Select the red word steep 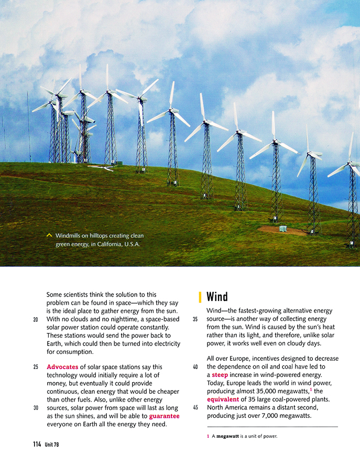tap(220, 375)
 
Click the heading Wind tap(217, 297)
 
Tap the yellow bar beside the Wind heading tap(200, 297)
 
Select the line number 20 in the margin tap(36, 319)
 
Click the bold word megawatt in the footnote tap(227, 436)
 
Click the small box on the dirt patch tap(283, 229)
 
